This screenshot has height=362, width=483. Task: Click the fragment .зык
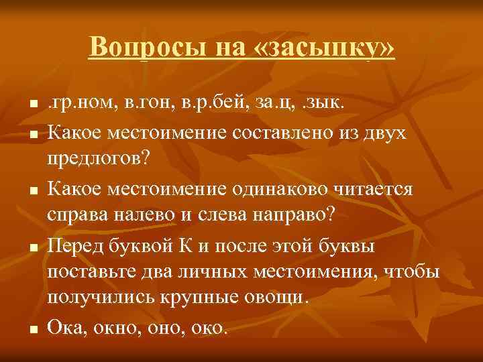click(x=321, y=105)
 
